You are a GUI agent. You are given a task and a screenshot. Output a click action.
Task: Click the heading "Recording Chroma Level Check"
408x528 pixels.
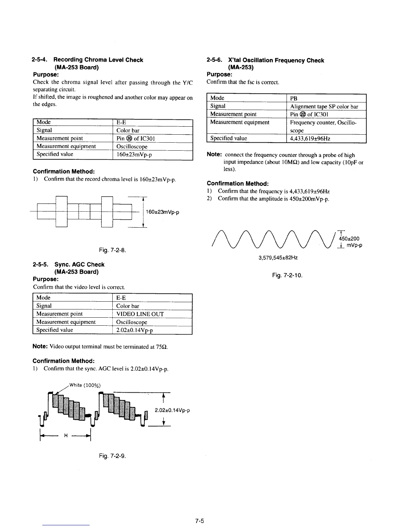click(98, 60)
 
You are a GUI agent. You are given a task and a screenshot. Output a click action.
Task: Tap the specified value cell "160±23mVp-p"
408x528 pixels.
click(134, 155)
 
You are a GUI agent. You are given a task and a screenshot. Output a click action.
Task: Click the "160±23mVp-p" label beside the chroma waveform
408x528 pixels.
click(163, 212)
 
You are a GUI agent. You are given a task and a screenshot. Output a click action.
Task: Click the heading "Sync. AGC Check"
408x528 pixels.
click(79, 265)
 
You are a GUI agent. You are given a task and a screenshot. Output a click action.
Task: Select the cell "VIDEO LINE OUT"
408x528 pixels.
click(140, 314)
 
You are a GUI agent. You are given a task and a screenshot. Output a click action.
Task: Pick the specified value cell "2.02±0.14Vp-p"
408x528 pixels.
click(134, 330)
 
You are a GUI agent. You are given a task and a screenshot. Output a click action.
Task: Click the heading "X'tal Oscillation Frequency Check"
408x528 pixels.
click(276, 60)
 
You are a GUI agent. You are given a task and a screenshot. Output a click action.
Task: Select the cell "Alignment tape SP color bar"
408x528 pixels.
click(324, 107)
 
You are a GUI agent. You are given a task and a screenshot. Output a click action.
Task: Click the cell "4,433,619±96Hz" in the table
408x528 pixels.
click(310, 138)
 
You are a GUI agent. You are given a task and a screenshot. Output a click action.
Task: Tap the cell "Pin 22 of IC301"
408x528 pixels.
click(309, 114)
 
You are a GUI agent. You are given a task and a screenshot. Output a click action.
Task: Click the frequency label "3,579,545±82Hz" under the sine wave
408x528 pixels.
click(278, 258)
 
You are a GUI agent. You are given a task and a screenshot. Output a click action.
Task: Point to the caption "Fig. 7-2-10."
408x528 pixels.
click(287, 275)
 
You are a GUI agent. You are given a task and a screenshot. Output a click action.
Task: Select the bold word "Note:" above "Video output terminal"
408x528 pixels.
click(40, 347)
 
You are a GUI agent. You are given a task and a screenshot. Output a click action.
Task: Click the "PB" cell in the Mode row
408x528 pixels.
click(294, 98)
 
